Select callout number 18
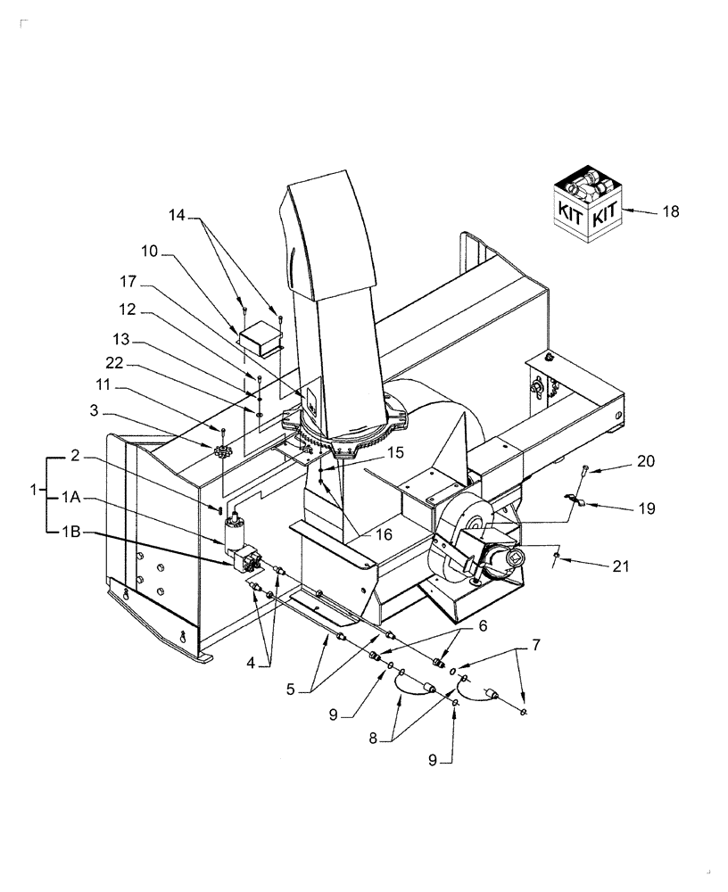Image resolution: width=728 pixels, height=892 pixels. [x=670, y=211]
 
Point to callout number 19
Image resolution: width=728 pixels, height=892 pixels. [x=646, y=508]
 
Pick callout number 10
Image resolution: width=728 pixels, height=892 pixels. [x=148, y=252]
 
